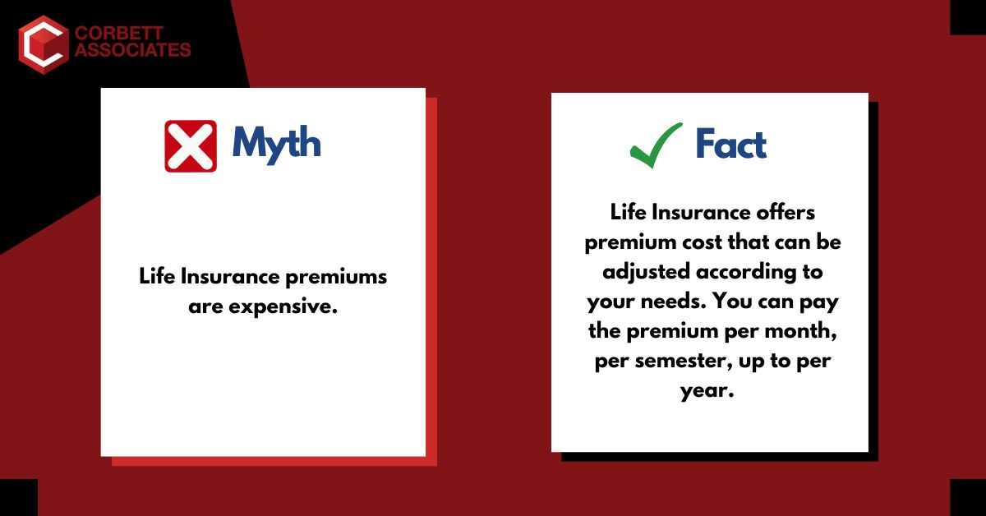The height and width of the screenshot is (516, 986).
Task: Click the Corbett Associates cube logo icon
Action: click(42, 44)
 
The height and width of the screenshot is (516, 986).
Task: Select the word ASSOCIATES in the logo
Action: click(132, 51)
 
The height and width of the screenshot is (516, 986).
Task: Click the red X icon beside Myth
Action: click(191, 145)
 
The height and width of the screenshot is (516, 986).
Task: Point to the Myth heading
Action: click(276, 145)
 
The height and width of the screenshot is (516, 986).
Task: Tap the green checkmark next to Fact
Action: click(656, 145)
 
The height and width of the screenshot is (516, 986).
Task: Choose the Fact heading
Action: click(730, 145)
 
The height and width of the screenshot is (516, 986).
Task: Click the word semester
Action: click(677, 362)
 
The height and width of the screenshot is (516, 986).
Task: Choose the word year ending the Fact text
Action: click(707, 391)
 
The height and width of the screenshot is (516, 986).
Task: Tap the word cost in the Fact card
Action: click(708, 242)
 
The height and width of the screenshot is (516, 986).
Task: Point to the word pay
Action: click(818, 302)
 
